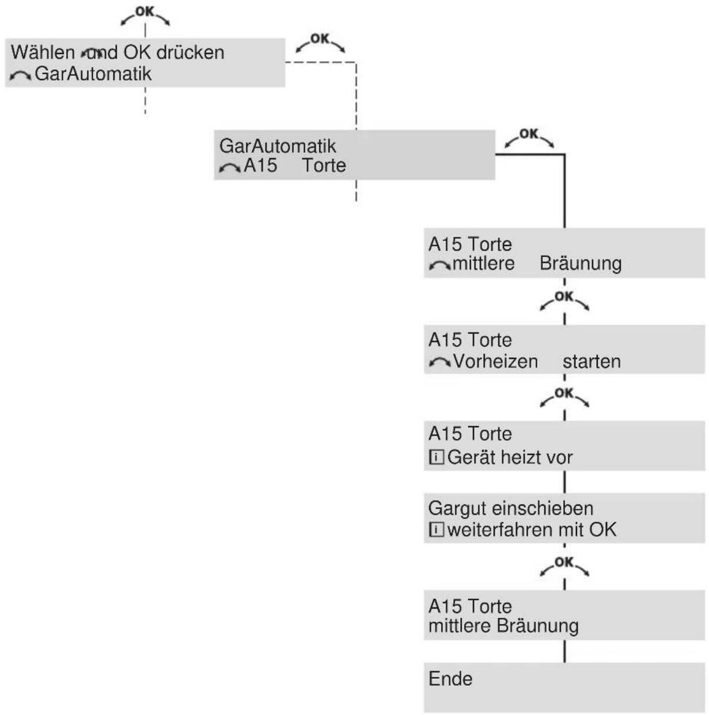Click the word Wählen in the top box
point(43,52)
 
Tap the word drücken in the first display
point(191,52)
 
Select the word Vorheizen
point(495,361)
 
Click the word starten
point(592,362)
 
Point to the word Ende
point(450,679)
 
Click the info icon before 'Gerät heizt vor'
point(436,457)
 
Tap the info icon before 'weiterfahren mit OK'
point(436,529)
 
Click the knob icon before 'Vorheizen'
point(439,362)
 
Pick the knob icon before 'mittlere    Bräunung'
point(439,265)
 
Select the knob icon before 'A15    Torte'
point(230,168)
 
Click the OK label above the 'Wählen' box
point(145,12)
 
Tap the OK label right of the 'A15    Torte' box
point(529,133)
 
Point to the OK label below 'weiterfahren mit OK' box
point(564,562)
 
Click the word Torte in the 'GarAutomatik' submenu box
point(324,165)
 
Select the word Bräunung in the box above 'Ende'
point(538,626)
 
